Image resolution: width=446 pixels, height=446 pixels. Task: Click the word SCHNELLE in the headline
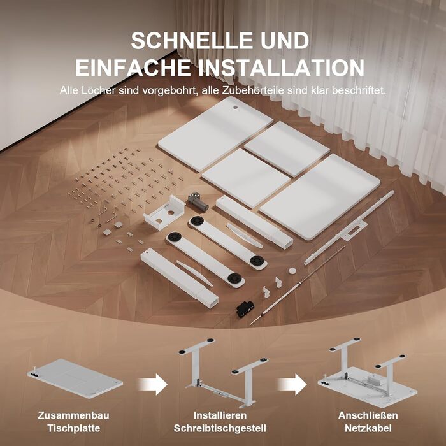click(192, 40)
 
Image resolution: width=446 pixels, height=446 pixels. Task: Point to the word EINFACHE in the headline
click(133, 68)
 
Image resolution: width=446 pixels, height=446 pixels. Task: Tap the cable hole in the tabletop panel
click(236, 108)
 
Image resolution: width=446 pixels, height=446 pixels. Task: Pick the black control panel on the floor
click(245, 308)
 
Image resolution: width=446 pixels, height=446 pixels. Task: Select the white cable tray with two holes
click(164, 212)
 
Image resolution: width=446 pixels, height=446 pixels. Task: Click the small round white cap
click(292, 270)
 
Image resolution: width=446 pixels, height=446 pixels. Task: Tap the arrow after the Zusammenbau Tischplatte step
click(152, 384)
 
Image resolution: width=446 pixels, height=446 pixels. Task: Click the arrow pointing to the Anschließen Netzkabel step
click(292, 384)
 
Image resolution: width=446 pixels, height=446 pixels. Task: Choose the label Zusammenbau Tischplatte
click(73, 422)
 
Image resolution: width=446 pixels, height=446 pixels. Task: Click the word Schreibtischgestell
click(220, 428)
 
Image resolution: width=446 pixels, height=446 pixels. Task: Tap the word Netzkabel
click(368, 428)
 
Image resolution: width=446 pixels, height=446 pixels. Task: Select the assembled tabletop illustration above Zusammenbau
click(75, 378)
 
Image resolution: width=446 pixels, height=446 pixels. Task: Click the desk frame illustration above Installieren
click(223, 373)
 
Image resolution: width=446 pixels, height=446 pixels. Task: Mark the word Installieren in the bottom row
click(220, 415)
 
